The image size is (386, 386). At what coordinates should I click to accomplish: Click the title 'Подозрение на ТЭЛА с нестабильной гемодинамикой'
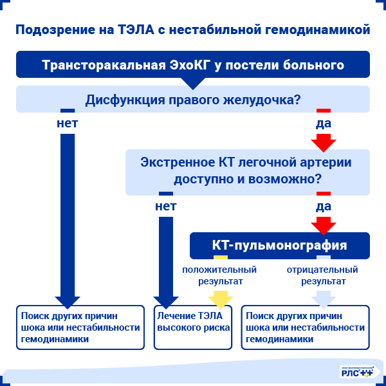(x=193, y=30)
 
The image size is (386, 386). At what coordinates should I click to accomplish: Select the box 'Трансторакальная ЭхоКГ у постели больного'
(x=193, y=66)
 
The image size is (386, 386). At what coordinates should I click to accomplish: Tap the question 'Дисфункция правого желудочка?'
(x=193, y=100)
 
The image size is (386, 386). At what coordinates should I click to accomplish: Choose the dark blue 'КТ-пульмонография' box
(x=279, y=245)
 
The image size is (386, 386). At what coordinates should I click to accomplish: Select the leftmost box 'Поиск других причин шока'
(x=80, y=327)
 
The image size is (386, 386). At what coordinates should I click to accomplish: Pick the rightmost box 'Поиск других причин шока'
(x=305, y=327)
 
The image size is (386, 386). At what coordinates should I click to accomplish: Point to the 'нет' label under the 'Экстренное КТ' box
(x=165, y=207)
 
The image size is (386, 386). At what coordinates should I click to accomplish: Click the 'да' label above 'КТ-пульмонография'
(x=324, y=207)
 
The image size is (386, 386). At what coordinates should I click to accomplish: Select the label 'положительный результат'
(x=219, y=275)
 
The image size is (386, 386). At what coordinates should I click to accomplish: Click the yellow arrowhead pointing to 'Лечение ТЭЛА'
(x=221, y=298)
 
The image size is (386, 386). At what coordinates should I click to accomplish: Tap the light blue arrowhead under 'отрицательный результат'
(x=323, y=298)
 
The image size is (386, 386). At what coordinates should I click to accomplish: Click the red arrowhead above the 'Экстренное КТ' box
(x=324, y=141)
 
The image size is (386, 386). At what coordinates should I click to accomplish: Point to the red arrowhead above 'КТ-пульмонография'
(x=324, y=225)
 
